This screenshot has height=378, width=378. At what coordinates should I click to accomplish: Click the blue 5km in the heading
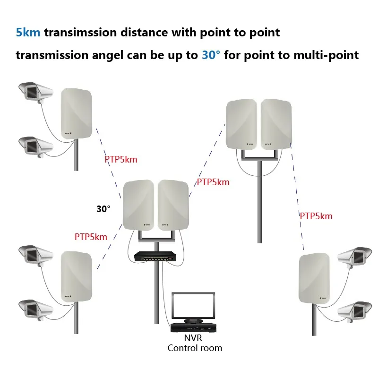click(29, 33)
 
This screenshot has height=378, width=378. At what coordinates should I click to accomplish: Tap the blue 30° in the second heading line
click(210, 55)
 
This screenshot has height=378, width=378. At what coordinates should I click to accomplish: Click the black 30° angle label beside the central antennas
click(103, 208)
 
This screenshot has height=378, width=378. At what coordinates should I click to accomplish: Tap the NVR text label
click(194, 338)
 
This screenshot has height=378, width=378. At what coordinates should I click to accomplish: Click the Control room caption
click(194, 348)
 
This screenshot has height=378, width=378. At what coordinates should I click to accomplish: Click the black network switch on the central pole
click(155, 257)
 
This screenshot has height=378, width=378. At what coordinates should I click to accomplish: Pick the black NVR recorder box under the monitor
click(194, 327)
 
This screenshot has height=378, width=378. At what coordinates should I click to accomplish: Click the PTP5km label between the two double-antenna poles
click(213, 182)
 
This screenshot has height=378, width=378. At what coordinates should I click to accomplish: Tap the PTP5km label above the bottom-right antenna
click(316, 216)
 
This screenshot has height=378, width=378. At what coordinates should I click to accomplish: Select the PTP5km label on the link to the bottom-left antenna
click(91, 237)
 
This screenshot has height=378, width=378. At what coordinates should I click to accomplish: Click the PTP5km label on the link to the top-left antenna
click(121, 159)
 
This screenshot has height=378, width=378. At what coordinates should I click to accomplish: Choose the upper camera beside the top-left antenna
click(34, 92)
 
